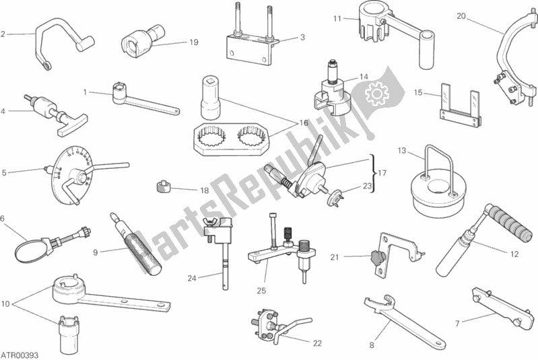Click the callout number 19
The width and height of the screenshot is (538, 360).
(194, 42)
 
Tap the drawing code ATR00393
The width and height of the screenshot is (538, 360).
(20, 355)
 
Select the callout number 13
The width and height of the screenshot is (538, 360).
(402, 151)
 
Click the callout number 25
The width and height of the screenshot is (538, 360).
(261, 291)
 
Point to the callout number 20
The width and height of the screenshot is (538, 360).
(461, 15)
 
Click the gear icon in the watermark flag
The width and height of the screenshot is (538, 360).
(376, 94)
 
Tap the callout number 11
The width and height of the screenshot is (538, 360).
(337, 19)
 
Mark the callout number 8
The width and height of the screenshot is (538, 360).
(372, 345)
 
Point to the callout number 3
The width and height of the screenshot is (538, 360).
(302, 37)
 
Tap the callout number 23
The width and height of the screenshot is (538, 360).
(367, 186)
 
